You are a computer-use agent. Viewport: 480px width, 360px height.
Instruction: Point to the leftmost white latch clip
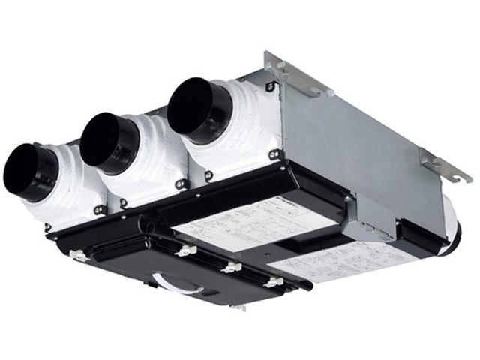(77, 255)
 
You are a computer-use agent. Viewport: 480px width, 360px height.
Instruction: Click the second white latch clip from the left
(185, 250)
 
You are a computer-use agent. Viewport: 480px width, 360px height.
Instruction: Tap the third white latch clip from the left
(232, 267)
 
